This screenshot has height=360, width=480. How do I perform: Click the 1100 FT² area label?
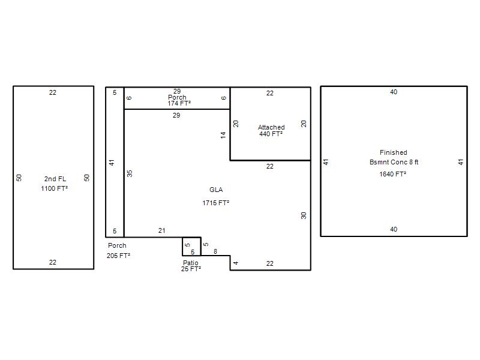pos(55,188)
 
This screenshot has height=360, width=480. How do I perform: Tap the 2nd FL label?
pos(55,179)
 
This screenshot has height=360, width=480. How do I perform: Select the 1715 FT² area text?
pos(216,203)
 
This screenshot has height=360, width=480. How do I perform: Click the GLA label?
pos(216,190)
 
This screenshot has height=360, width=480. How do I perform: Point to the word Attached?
pos(271,127)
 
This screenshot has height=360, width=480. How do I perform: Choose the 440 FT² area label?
pos(271,134)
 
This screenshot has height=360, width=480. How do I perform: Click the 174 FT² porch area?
pos(179,103)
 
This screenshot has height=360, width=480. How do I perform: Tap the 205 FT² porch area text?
pos(118,256)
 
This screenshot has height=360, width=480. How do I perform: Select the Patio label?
pos(191,263)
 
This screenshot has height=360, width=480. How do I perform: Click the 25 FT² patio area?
pos(191,269)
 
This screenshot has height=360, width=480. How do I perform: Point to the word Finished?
pos(394,152)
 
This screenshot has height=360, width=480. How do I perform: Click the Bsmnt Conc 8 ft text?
pos(394,162)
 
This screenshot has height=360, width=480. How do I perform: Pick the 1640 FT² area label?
pos(393,174)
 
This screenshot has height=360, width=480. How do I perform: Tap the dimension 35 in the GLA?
pos(130,173)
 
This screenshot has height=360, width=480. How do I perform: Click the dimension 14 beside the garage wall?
pos(223,135)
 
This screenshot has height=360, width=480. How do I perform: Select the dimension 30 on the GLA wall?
pos(304,216)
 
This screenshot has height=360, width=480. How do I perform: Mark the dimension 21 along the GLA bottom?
pos(161,230)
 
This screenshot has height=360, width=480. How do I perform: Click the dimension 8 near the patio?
pos(215,251)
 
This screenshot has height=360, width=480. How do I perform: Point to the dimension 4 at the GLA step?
pos(236,263)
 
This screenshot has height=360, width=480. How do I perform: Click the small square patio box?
pos(191,237)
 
